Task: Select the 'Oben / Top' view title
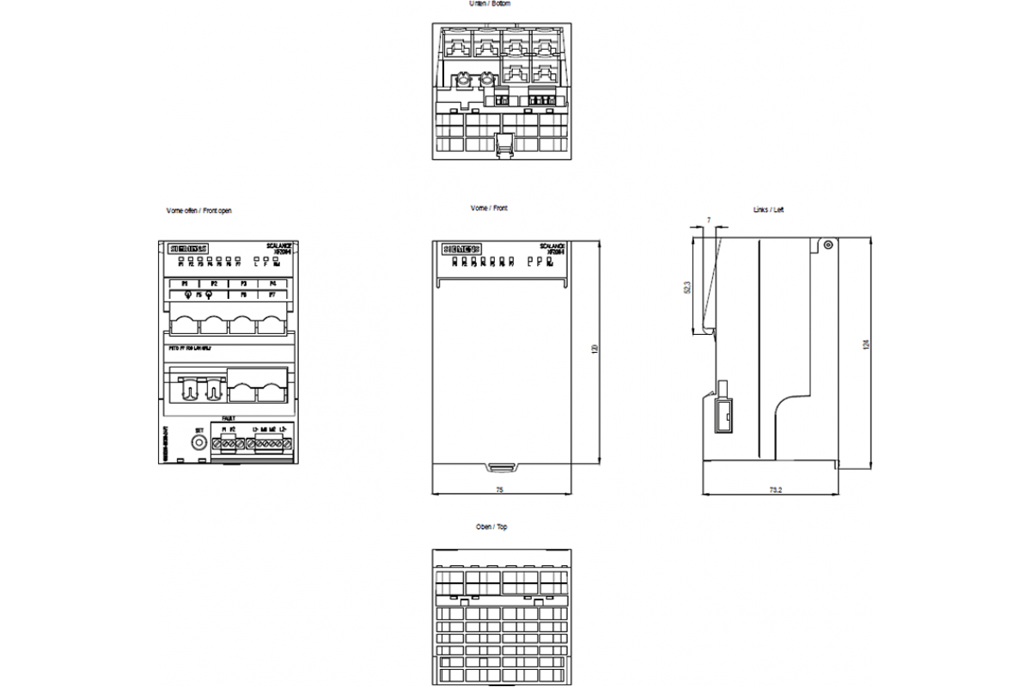pyautogui.click(x=491, y=526)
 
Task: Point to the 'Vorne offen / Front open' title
pyautogui.click(x=198, y=210)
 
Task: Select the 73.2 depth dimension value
pyautogui.click(x=776, y=489)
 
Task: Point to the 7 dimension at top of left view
pyautogui.click(x=708, y=221)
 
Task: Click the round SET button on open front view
pyautogui.click(x=199, y=442)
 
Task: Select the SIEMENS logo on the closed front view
pyautogui.click(x=462, y=248)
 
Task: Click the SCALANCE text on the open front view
pyautogui.click(x=279, y=245)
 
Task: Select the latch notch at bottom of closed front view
pyautogui.click(x=500, y=468)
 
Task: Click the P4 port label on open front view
pyautogui.click(x=272, y=283)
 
